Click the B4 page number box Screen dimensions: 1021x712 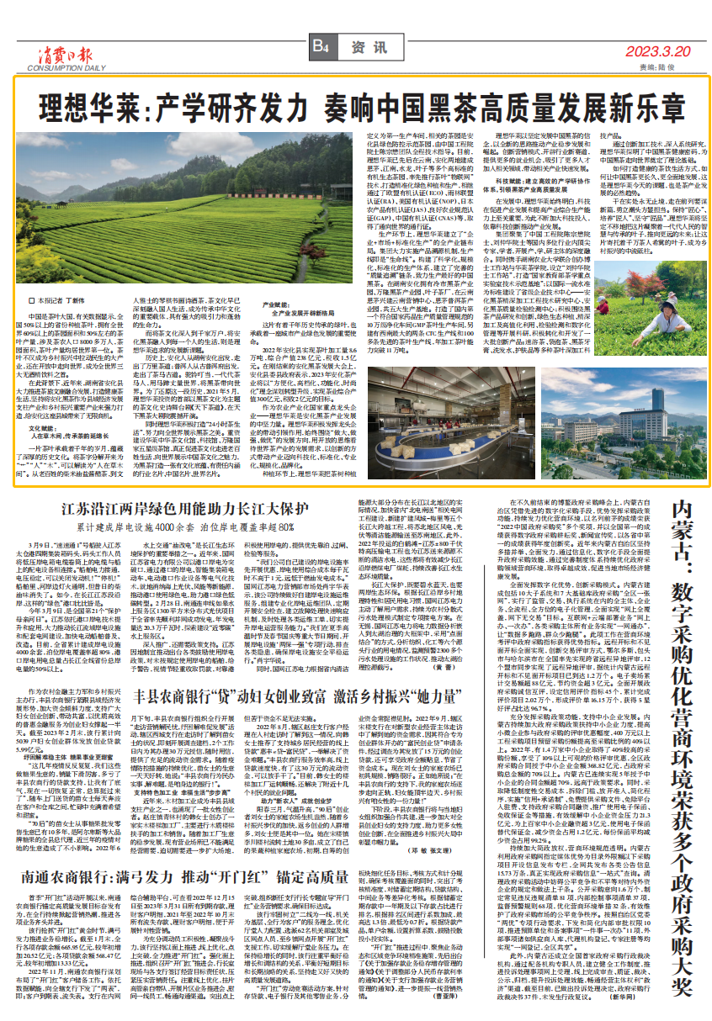point(321,47)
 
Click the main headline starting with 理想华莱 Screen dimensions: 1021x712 point(356,107)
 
